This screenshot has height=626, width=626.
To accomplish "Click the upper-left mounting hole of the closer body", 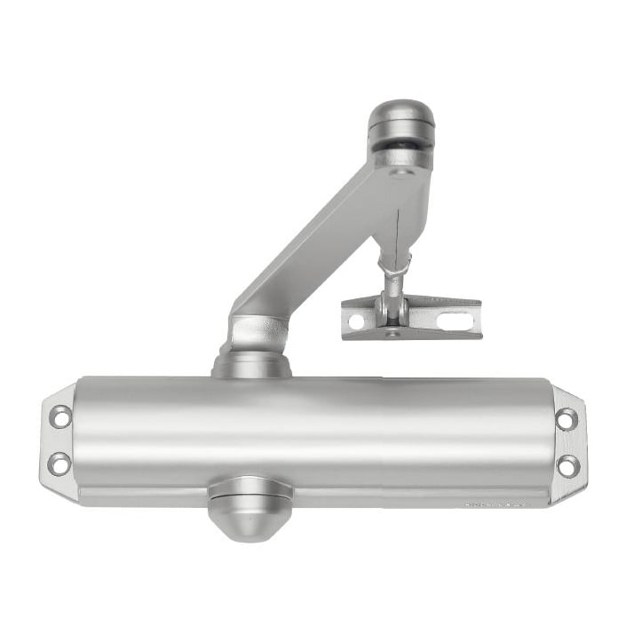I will (60, 416).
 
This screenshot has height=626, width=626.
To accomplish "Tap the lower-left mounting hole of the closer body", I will (59, 463).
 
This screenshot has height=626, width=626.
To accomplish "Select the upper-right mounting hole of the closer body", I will (566, 418).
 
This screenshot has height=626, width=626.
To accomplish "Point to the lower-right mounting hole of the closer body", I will (567, 465).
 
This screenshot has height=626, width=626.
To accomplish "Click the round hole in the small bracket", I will (358, 321).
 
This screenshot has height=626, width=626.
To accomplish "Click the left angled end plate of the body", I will (58, 440).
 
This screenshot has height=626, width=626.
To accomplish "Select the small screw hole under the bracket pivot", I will (392, 335).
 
